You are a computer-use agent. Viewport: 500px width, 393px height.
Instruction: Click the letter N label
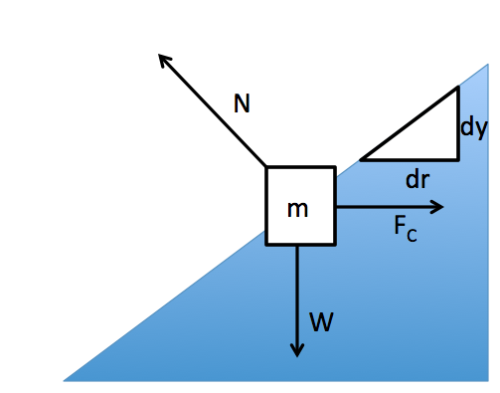(242, 103)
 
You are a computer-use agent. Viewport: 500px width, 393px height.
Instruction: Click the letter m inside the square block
(297, 209)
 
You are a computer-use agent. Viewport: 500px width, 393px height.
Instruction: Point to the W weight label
(320, 321)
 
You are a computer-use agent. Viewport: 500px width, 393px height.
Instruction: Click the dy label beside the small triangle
(473, 127)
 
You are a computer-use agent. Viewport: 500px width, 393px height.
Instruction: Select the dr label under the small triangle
(417, 180)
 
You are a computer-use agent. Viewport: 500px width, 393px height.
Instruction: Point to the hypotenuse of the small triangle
(410, 123)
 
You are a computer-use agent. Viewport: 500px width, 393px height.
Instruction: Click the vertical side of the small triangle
(458, 124)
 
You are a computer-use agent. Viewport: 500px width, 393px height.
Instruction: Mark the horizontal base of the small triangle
(410, 159)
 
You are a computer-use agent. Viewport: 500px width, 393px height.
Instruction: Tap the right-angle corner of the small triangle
(458, 159)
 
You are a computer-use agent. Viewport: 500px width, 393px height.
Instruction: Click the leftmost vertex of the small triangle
(362, 159)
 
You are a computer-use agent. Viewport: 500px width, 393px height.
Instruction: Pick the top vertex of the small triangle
(458, 89)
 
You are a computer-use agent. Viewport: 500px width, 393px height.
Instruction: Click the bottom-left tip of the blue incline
(66, 380)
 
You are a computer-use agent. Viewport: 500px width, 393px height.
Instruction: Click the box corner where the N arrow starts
(266, 167)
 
